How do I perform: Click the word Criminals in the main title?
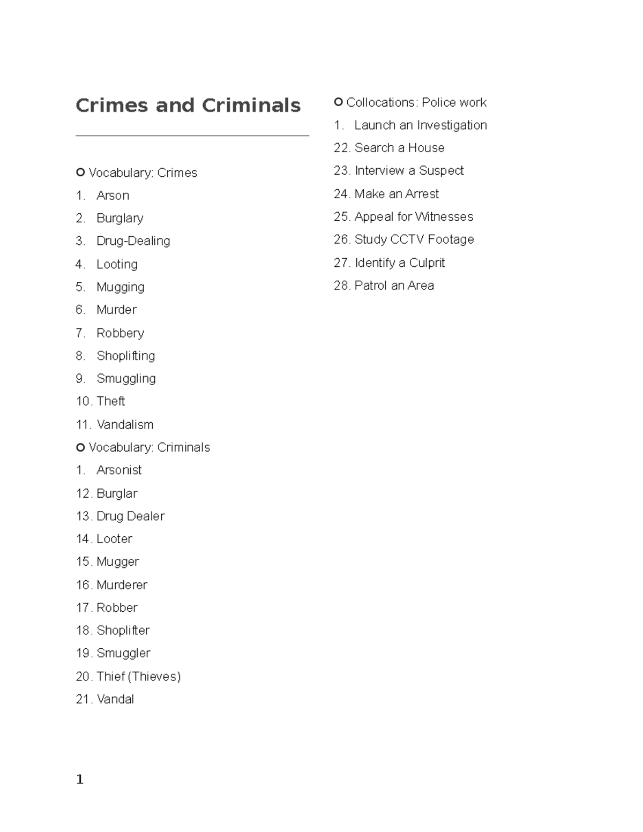pos(251,106)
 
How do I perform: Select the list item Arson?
pos(113,196)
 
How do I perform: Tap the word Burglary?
pos(119,219)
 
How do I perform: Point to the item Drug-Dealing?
pos(133,241)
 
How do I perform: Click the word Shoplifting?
pos(125,356)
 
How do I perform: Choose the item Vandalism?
pos(125,424)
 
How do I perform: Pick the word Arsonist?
pos(119,470)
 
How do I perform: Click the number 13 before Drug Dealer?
pos(84,516)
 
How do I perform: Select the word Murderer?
pos(122,584)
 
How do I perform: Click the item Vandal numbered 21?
pos(115,699)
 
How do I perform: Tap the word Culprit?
pos(427,263)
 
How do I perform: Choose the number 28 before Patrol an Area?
pos(341,286)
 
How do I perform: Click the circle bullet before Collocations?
pos(338,102)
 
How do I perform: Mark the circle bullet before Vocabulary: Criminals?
pos(80,447)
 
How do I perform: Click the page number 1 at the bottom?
pos(80,779)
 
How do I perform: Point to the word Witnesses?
pos(444,217)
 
